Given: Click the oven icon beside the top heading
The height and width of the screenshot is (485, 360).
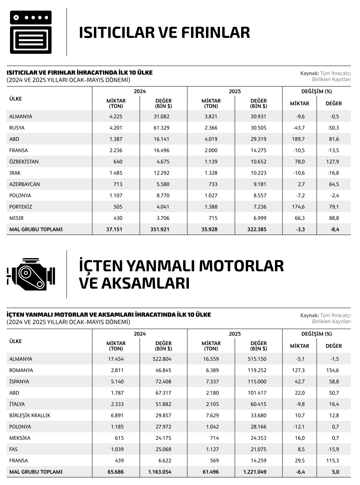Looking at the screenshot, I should click(31, 32).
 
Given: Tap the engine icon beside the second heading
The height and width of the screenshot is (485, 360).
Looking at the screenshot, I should click(31, 274).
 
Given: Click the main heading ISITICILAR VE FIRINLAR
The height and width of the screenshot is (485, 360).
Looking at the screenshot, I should click(164, 33).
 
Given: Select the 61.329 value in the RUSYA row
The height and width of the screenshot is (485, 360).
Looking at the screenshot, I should click(161, 128).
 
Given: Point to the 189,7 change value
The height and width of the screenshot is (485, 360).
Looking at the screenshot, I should click(299, 139).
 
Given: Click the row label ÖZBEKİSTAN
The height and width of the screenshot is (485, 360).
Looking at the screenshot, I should click(24, 162).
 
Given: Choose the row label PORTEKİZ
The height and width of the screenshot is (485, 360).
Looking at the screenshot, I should click(21, 207).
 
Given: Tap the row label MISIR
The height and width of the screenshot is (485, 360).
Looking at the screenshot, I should click(17, 218).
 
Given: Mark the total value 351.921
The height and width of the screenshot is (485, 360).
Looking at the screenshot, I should click(159, 229).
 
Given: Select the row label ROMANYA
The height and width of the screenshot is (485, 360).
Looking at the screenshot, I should click(21, 370).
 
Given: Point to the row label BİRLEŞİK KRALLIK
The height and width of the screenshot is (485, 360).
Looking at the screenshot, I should click(30, 415).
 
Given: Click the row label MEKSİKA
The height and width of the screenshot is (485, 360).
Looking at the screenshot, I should click(20, 438).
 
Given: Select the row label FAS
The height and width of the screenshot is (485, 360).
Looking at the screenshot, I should click(13, 449).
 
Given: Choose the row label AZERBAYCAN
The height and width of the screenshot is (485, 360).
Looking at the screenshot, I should click(25, 184).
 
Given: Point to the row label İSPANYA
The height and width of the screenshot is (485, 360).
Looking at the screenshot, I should click(19, 382).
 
